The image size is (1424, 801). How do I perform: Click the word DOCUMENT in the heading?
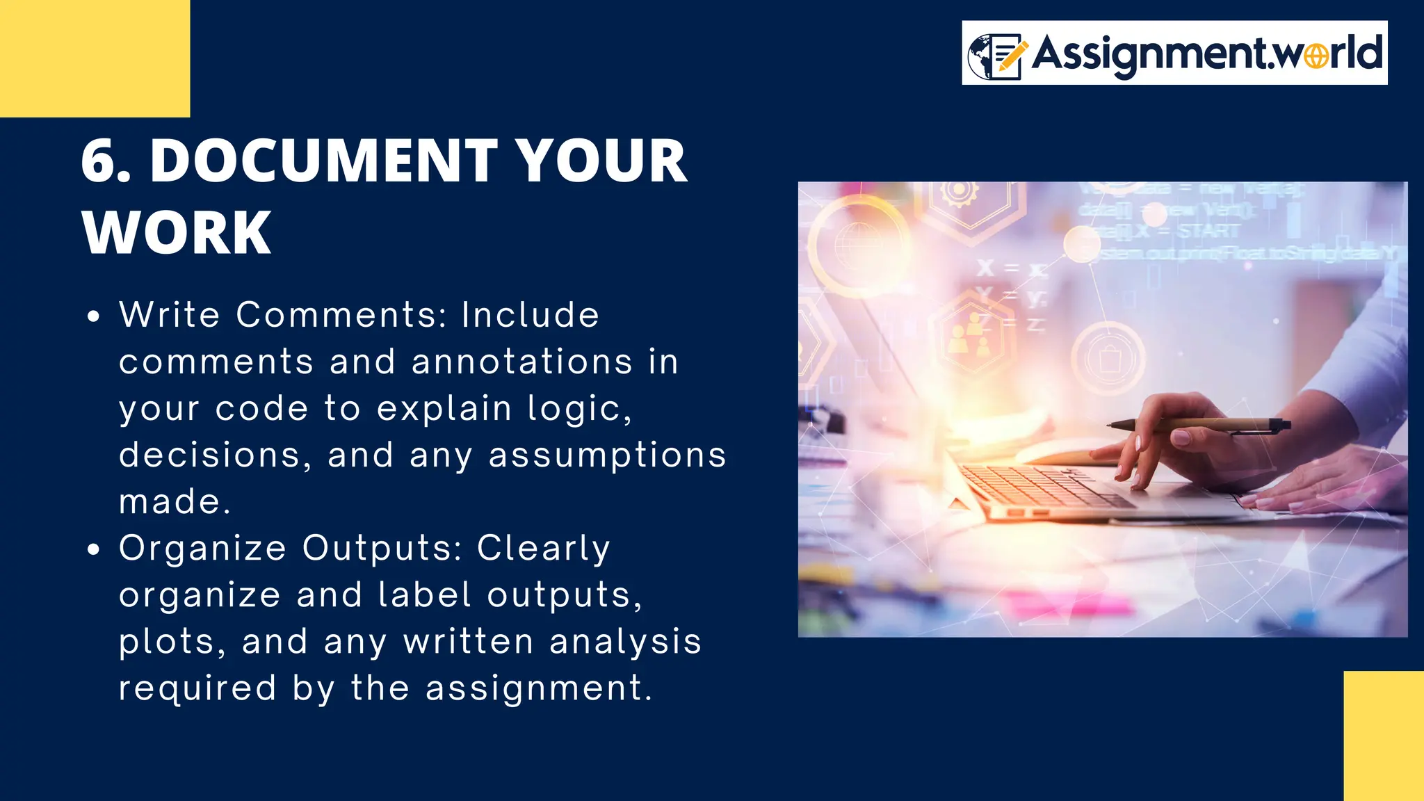point(323,161)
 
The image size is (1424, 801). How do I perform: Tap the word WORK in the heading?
point(177,233)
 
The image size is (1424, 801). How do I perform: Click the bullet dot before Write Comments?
point(94,317)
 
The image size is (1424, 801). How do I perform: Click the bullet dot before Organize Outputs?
point(94,550)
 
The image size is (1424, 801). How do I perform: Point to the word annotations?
point(521,362)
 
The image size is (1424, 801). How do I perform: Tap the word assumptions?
point(607,455)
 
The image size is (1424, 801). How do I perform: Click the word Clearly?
point(543,549)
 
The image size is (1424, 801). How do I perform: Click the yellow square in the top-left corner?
point(95,58)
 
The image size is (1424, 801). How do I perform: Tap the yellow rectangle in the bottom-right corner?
point(1383,736)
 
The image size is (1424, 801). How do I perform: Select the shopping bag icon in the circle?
point(1108,358)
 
